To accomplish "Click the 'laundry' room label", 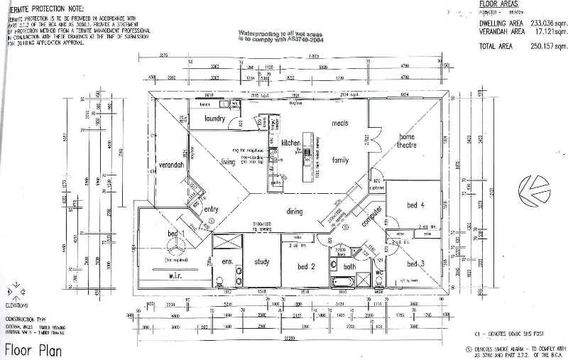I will (x=214, y=119).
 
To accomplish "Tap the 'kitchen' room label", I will (x=291, y=143).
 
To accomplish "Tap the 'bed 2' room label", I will (x=306, y=266).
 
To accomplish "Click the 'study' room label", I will (x=261, y=262).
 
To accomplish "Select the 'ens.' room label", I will (x=227, y=262).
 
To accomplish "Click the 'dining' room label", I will (x=295, y=211).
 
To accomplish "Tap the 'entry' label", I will (x=212, y=209).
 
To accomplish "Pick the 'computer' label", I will (x=372, y=217).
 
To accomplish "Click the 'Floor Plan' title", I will (x=33, y=350).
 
